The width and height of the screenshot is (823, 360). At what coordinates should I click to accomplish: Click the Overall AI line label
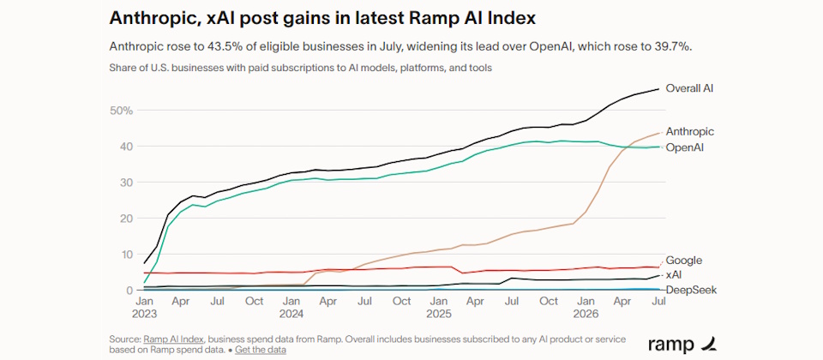689,88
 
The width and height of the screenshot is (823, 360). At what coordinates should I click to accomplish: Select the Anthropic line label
689,132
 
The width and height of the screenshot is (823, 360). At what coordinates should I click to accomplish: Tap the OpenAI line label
684,148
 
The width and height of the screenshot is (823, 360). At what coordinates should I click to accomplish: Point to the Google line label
684,261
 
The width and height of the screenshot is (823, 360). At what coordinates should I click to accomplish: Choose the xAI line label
674,274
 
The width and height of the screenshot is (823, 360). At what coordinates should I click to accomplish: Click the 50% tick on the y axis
122,111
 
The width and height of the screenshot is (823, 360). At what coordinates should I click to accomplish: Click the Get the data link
261,350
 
